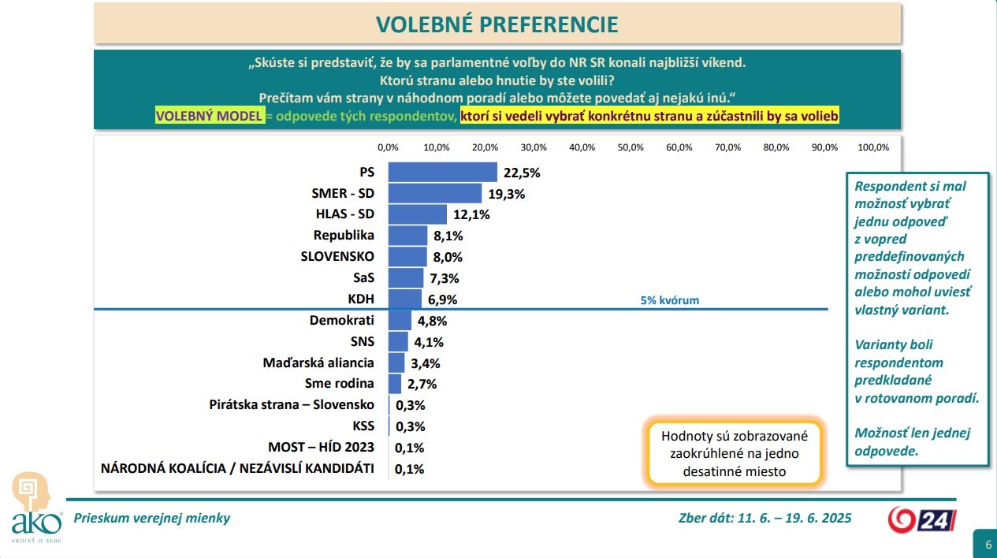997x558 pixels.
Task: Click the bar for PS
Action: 443,172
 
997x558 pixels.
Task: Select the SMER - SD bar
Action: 435,193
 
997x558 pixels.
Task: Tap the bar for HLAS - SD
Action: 418,214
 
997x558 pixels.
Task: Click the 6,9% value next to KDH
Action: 441,299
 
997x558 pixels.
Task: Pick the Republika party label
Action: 344,235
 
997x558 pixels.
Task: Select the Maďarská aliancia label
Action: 318,363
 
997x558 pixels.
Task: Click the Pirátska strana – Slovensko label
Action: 292,405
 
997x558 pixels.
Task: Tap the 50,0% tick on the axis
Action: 631,147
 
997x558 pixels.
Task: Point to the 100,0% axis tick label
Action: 872,147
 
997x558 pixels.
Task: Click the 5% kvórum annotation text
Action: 669,300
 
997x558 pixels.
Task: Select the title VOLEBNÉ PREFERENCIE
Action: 497,24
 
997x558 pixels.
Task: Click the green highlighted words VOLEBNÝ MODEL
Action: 209,116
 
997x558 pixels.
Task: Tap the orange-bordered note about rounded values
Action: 734,453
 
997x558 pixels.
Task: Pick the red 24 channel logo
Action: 922,519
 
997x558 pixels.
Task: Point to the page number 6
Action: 985,544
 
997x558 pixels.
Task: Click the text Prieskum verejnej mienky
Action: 151,518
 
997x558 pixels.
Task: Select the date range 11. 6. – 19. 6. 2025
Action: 794,518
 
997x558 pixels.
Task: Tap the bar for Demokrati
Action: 400,321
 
